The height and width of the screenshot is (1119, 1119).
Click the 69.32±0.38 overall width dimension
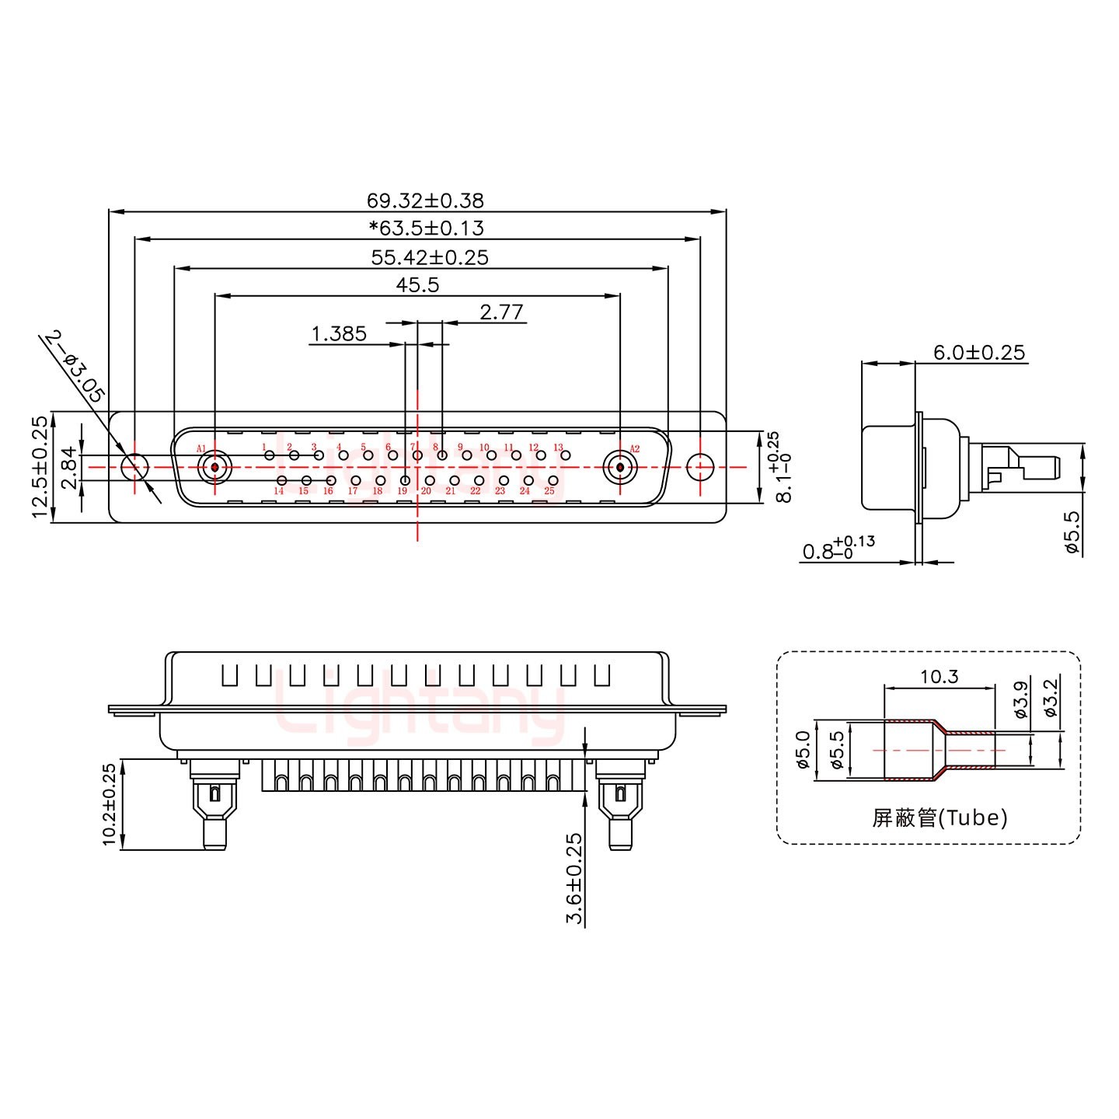pyautogui.click(x=425, y=200)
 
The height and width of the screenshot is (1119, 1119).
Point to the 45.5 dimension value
pyautogui.click(x=417, y=285)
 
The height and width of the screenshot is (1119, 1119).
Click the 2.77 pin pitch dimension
pyautogui.click(x=501, y=312)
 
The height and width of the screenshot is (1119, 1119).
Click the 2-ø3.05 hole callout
pyautogui.click(x=74, y=365)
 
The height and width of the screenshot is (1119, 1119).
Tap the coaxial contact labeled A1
pyautogui.click(x=214, y=468)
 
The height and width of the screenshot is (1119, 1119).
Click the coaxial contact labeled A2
pyautogui.click(x=619, y=468)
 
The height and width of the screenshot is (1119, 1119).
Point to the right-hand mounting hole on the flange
pyautogui.click(x=700, y=467)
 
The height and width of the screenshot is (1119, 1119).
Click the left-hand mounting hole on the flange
pyautogui.click(x=135, y=467)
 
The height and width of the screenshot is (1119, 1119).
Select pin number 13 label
pyautogui.click(x=558, y=448)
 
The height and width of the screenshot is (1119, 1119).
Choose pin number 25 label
pyautogui.click(x=549, y=491)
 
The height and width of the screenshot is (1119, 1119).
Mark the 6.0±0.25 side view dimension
pyautogui.click(x=978, y=352)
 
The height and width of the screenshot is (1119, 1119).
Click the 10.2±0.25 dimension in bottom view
pyautogui.click(x=109, y=804)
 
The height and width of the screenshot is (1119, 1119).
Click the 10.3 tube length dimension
pyautogui.click(x=939, y=677)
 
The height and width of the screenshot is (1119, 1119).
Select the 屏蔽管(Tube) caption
pyautogui.click(x=939, y=818)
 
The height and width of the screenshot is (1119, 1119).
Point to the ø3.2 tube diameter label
pyautogui.click(x=1050, y=697)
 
